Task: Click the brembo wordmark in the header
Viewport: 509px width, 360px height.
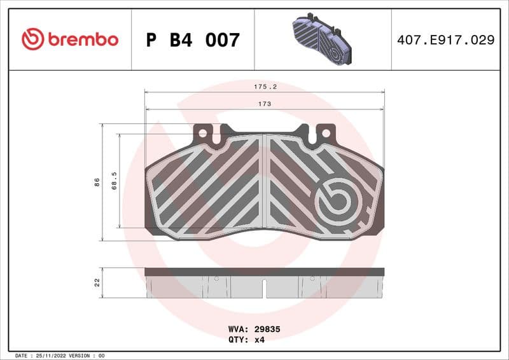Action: pos(82,39)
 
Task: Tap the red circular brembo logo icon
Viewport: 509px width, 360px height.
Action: pos(32,39)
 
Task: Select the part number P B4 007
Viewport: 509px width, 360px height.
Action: pos(193,40)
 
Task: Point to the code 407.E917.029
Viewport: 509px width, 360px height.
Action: pos(445,40)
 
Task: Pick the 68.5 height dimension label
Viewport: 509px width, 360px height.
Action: pos(114,181)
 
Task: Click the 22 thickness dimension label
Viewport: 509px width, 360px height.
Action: pos(97,282)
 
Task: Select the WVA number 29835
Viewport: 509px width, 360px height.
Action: pos(268,329)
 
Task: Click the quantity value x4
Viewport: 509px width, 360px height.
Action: pos(259,340)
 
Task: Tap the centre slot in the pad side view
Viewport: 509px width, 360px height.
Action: pos(265,289)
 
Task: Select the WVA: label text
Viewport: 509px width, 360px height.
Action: pos(239,329)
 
